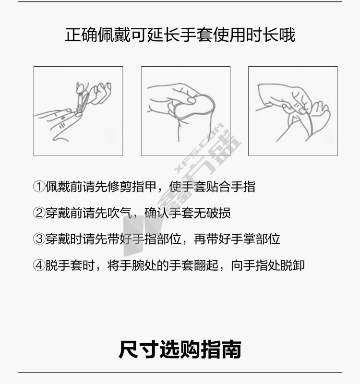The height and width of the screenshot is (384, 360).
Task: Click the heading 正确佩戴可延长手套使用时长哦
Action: [180, 35]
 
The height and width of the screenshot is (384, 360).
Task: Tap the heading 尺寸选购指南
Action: [180, 349]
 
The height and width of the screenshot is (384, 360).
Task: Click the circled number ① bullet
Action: [39, 187]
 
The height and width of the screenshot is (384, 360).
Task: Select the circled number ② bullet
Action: [39, 213]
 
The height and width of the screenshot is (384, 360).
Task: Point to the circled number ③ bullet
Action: [39, 239]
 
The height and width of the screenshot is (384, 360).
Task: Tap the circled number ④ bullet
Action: [39, 265]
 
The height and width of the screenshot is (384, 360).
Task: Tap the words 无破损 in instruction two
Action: [212, 213]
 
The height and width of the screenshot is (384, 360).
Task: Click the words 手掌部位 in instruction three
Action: [255, 239]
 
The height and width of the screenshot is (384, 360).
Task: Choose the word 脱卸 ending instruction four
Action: [292, 265]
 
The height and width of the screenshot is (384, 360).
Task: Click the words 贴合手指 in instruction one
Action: [231, 187]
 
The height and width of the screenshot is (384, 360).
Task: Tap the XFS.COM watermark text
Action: [198, 147]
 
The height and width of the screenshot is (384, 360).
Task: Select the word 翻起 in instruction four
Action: [206, 265]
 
